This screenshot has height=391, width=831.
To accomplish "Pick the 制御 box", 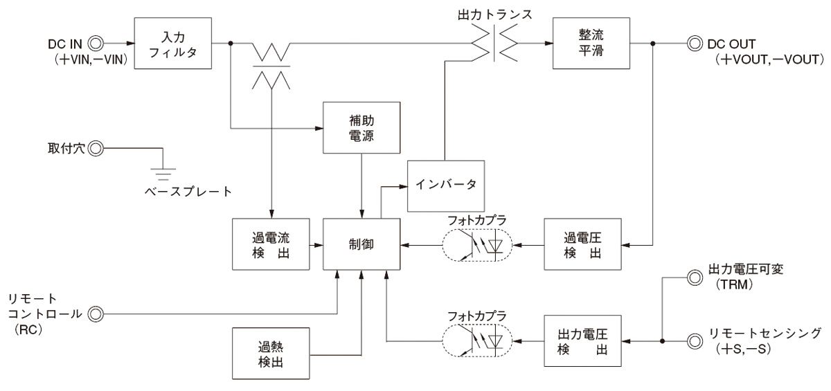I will click(x=361, y=244).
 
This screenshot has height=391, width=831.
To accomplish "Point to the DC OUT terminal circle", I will click(x=692, y=43).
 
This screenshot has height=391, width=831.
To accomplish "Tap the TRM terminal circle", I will click(x=692, y=277).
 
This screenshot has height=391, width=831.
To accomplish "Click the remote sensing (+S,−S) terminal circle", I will click(x=692, y=340).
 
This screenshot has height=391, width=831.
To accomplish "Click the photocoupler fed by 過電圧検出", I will click(x=476, y=244).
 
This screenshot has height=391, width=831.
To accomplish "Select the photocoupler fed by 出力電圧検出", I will click(x=476, y=340).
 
